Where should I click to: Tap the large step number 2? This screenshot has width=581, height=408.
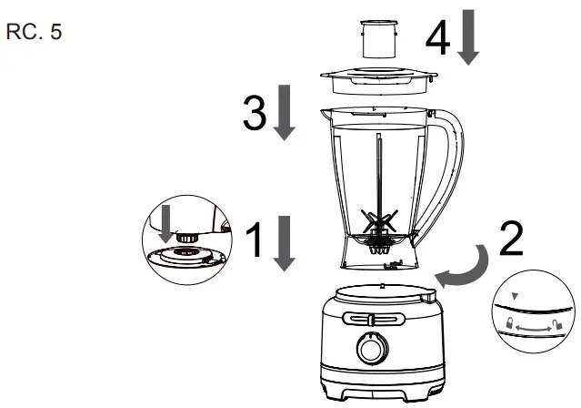(x=512, y=240)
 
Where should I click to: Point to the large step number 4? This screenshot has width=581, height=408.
(x=436, y=39)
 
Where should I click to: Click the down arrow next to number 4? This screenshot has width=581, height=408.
(x=469, y=39)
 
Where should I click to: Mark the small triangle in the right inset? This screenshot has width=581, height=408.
(x=516, y=295)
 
